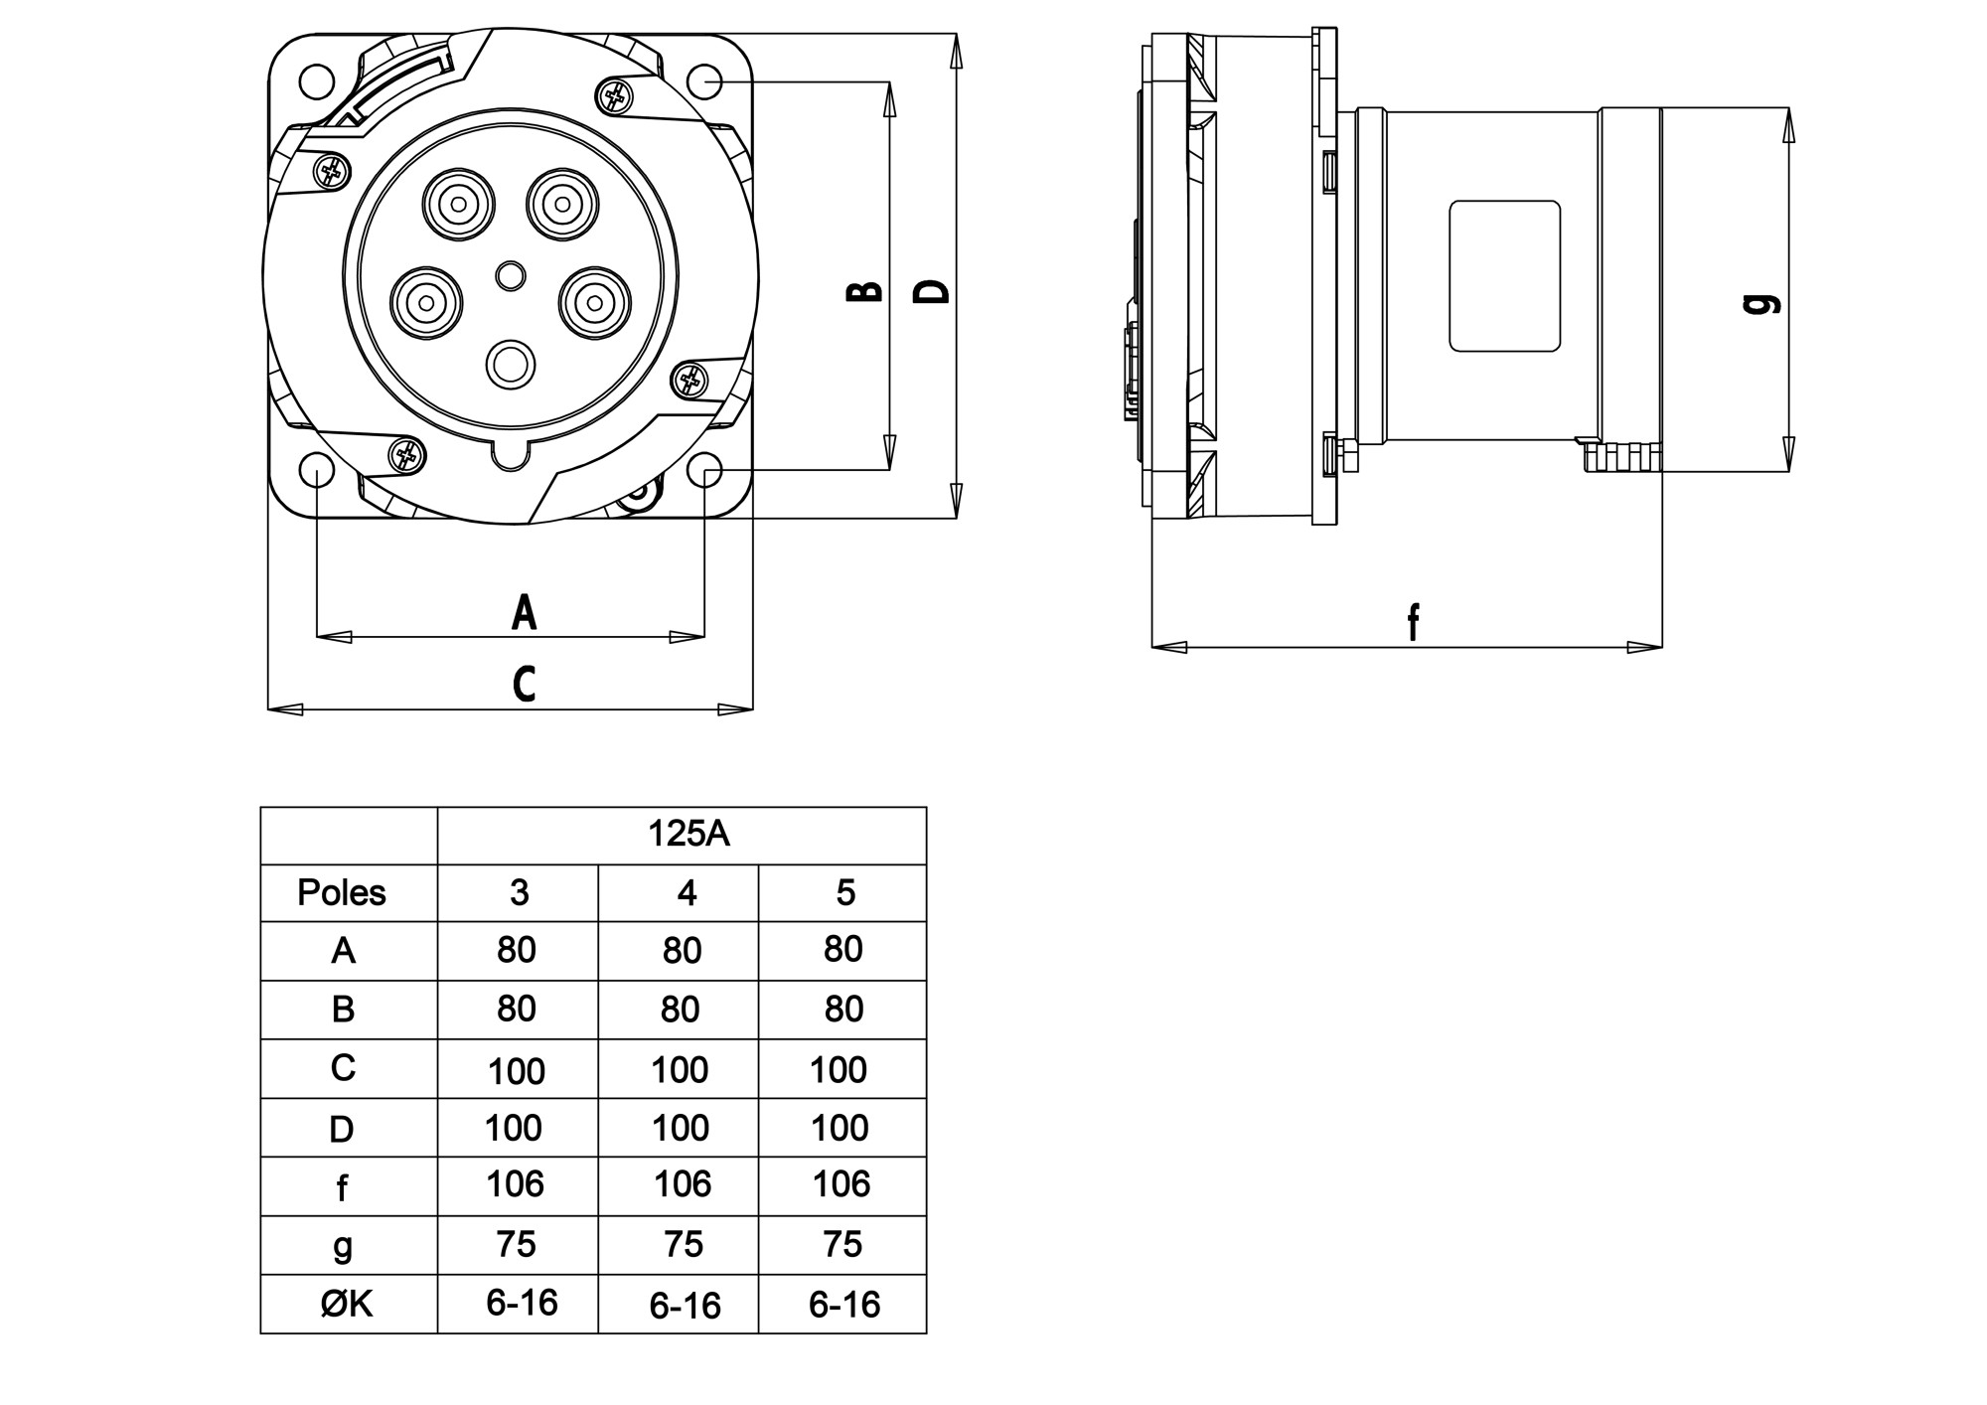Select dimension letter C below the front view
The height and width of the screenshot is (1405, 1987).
pos(524,684)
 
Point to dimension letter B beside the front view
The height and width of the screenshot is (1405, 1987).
pos(864,291)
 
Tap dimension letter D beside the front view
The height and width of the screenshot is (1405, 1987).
pos(932,291)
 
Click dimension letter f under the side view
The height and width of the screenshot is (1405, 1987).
pos(1413,622)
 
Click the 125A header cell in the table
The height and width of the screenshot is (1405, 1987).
pos(688,834)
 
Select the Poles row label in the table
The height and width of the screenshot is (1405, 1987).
pos(341,892)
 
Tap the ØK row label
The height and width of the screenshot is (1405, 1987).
pos(347,1304)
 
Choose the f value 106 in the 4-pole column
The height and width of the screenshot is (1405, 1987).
pos(683,1183)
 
